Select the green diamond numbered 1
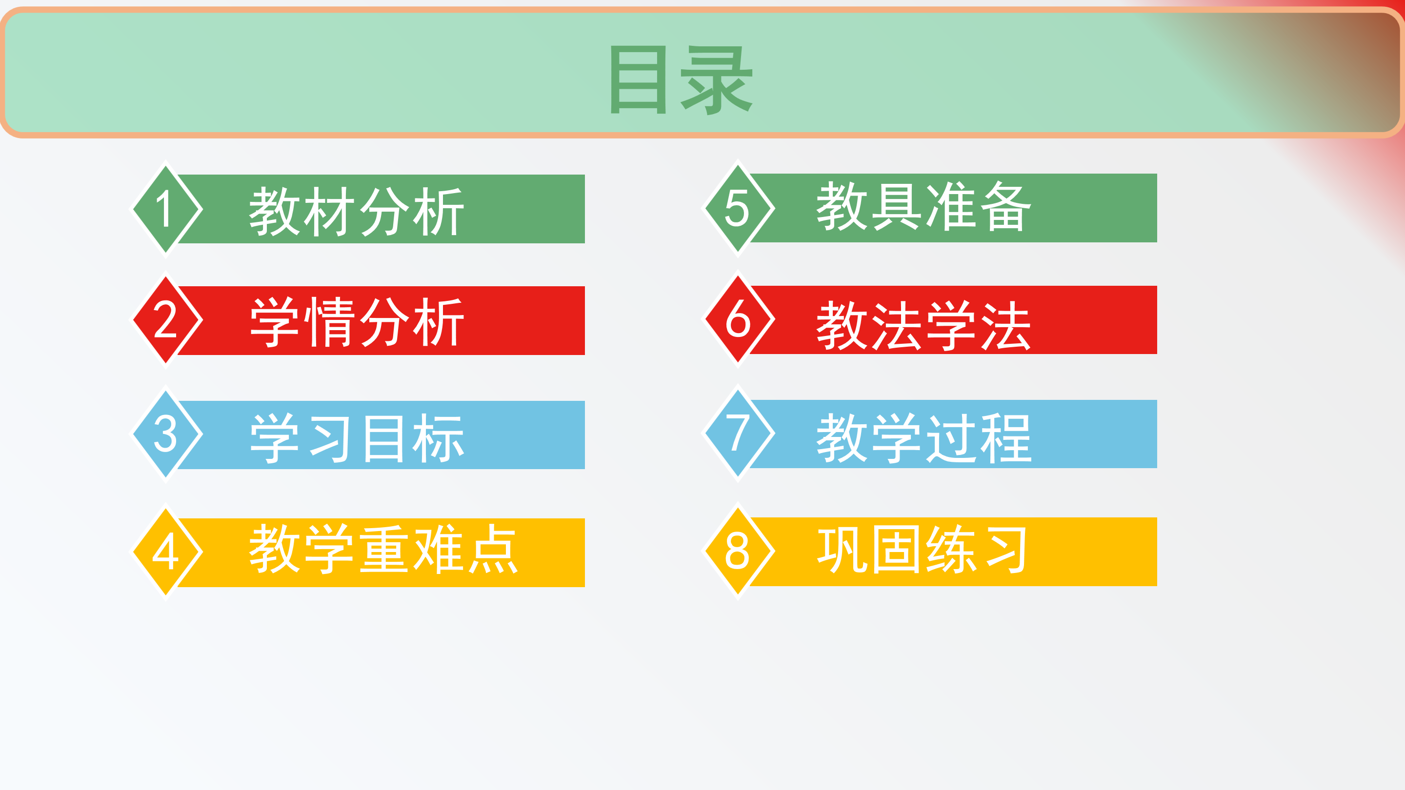pos(166,209)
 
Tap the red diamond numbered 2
pos(166,320)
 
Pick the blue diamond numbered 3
pos(166,434)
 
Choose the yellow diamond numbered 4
pos(166,552)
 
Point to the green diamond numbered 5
pos(738,208)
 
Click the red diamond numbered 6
pos(738,319)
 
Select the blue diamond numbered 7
pos(738,434)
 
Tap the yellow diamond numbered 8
pos(738,551)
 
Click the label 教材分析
pos(357,212)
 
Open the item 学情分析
pos(357,323)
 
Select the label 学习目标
pos(357,438)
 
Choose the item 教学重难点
pos(383,549)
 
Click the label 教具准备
pos(923,206)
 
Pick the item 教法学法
pos(923,325)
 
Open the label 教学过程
pos(923,438)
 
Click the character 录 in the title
pos(717,80)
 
